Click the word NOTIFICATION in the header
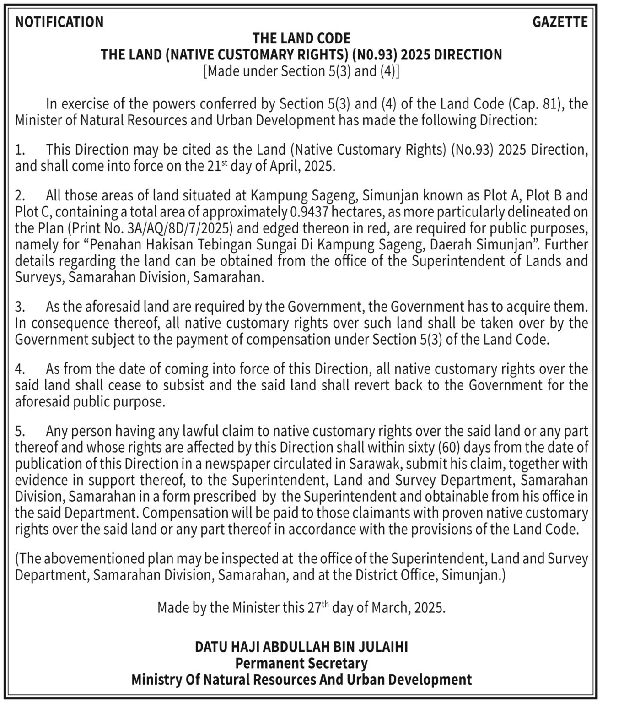59,22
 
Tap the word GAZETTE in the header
560,22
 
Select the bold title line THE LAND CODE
301,38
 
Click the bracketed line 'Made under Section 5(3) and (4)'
301,71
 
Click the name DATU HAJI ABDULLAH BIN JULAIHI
301,647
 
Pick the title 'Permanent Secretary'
301,663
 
